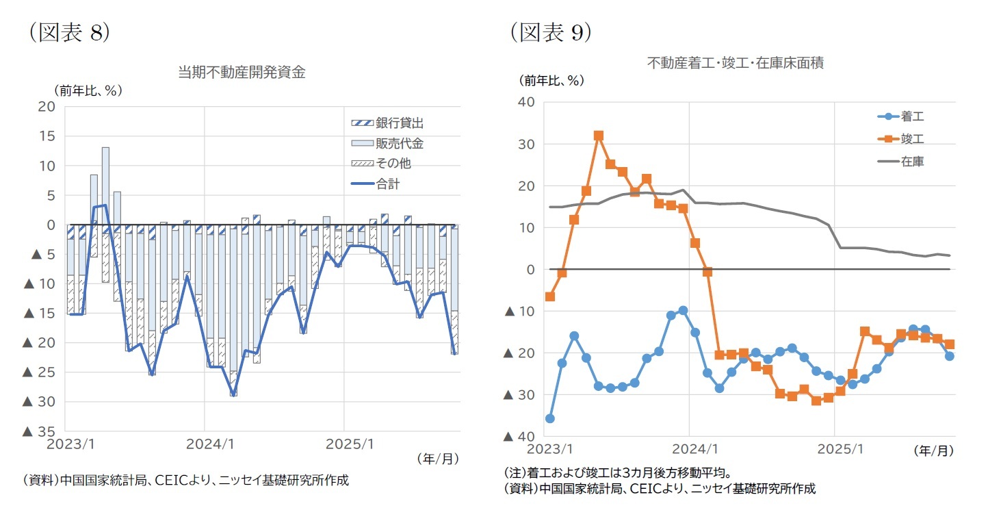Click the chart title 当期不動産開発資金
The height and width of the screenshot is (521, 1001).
click(x=242, y=73)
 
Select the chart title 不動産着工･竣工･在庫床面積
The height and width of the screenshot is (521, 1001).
click(x=736, y=63)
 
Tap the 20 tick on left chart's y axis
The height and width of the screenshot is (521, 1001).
click(x=47, y=106)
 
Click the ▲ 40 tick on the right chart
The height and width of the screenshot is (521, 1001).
click(x=519, y=436)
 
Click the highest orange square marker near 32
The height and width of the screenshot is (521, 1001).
click(x=599, y=136)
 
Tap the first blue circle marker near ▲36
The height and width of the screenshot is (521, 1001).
click(x=549, y=418)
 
